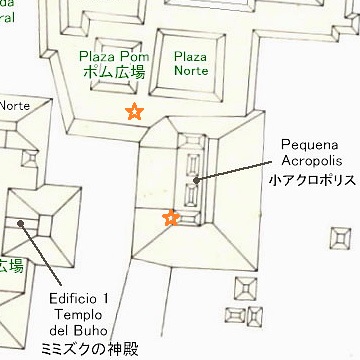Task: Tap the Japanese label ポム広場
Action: coord(115,73)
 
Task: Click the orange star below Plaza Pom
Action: coord(133,112)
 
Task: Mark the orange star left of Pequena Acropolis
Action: coord(171,217)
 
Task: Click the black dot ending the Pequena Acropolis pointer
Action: coord(196,180)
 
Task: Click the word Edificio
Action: coord(73,298)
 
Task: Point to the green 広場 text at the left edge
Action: coord(10,266)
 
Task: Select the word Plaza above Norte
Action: coord(188,57)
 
